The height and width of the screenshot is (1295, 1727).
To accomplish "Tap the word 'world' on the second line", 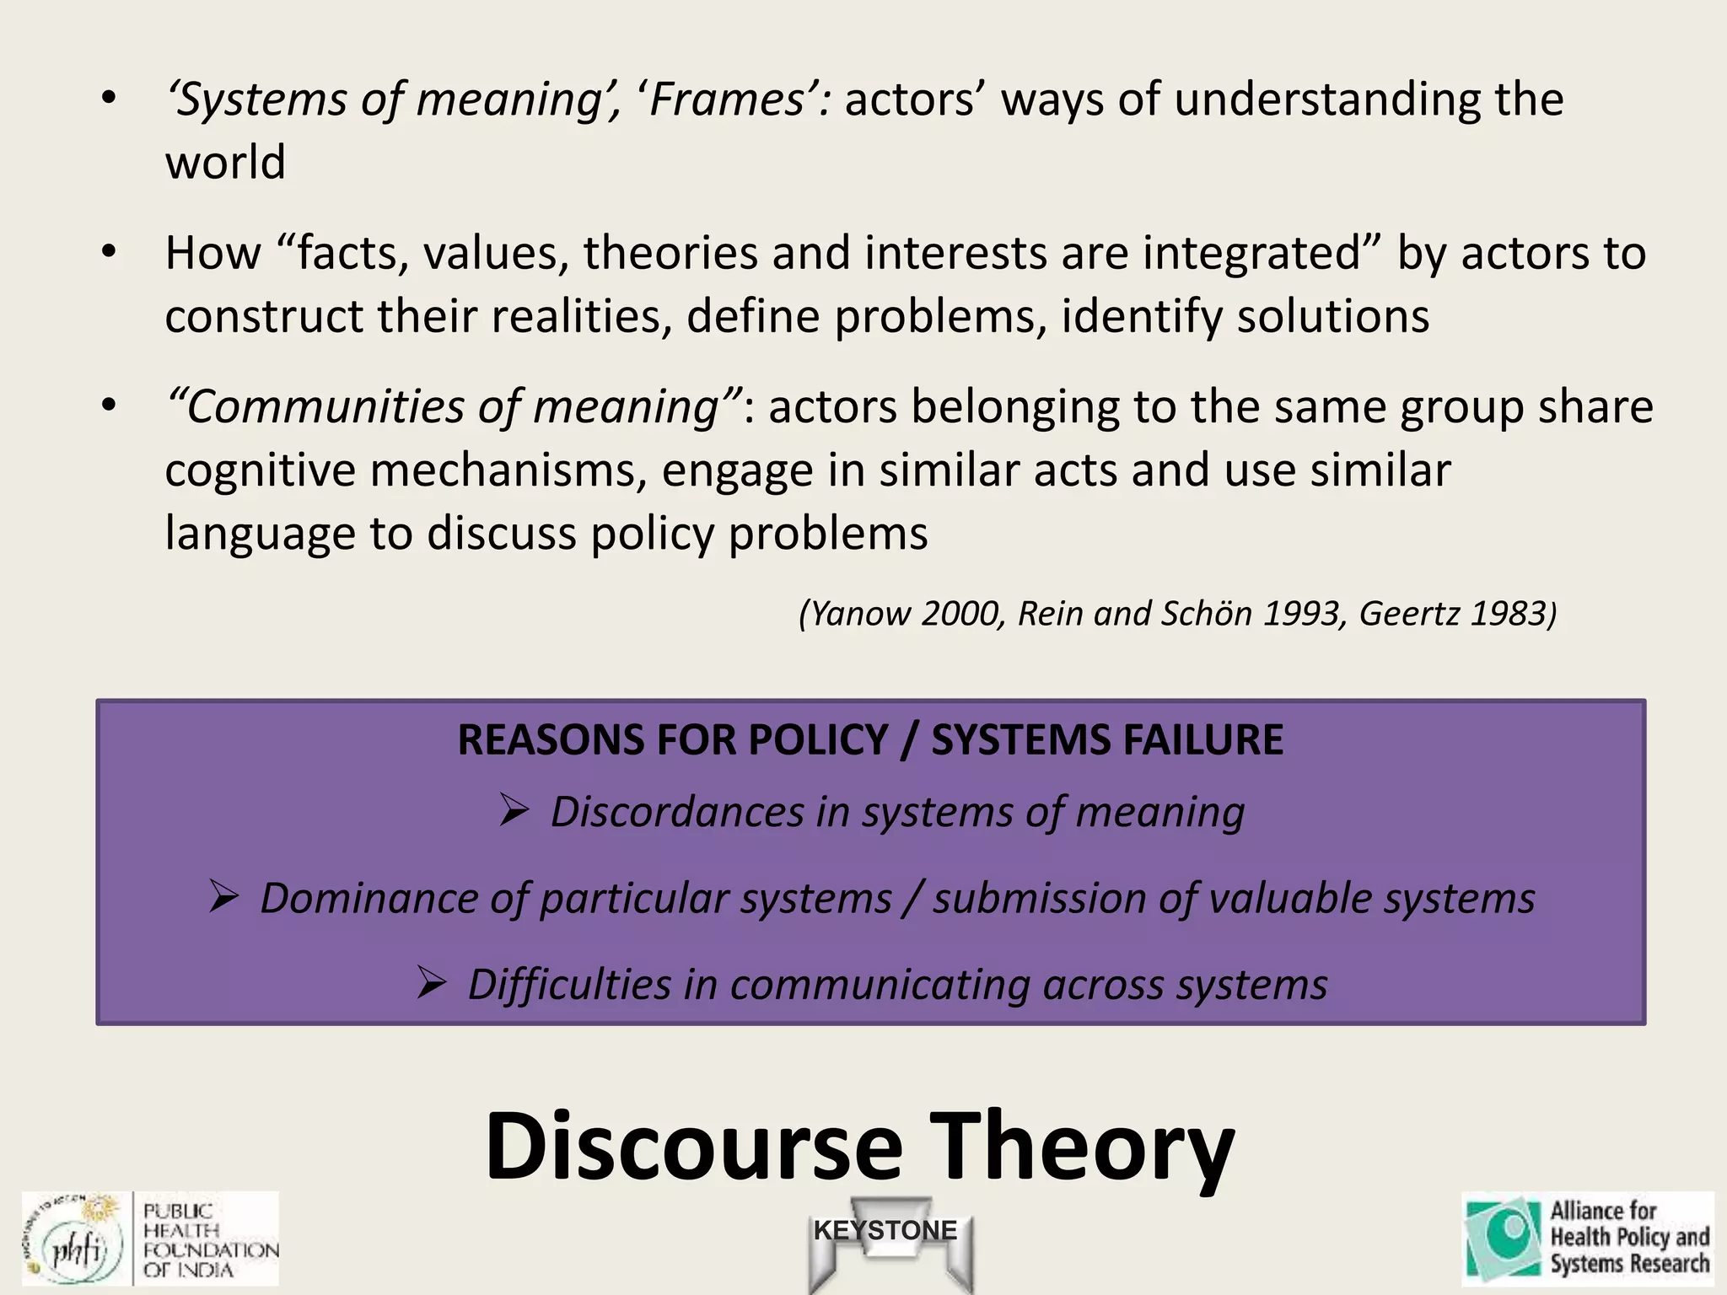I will (225, 162).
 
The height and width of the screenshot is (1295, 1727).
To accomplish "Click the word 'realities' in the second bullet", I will (582, 316).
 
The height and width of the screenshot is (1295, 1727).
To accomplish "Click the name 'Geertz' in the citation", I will (1409, 614).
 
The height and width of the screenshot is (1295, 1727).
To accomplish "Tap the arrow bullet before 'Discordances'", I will (513, 810).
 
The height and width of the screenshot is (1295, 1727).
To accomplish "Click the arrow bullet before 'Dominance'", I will (224, 896).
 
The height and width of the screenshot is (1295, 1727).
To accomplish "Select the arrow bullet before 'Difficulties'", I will (431, 982).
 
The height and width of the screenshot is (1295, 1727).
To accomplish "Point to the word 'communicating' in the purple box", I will (880, 985).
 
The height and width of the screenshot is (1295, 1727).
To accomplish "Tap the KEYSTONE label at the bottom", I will (885, 1230).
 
